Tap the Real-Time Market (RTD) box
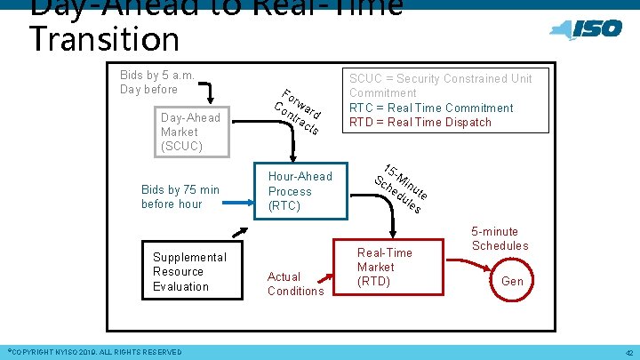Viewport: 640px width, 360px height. click(x=384, y=268)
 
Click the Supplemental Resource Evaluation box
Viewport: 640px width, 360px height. click(x=189, y=271)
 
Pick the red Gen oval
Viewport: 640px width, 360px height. click(x=513, y=281)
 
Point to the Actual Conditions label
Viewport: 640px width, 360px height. click(x=295, y=284)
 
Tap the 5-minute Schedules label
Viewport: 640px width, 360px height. click(x=500, y=238)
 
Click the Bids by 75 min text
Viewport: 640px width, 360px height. click(x=180, y=196)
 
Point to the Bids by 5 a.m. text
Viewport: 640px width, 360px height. click(x=157, y=82)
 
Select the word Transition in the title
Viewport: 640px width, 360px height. click(x=104, y=39)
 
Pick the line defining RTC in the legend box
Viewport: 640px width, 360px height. click(x=431, y=108)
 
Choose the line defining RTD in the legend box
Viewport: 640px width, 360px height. click(x=420, y=122)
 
